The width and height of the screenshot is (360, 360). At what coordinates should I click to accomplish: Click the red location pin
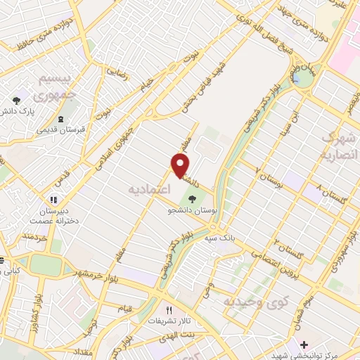click(x=181, y=166)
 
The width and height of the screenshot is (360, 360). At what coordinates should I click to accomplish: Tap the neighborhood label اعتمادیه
click(x=148, y=189)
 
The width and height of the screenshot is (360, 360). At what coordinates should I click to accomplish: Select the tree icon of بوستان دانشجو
click(x=193, y=198)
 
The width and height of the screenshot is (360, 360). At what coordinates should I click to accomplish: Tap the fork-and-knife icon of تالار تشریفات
click(x=168, y=309)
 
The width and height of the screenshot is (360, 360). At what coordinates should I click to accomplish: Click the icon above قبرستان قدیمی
click(x=60, y=118)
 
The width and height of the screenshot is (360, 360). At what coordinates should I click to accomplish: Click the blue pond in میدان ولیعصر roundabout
click(x=304, y=79)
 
